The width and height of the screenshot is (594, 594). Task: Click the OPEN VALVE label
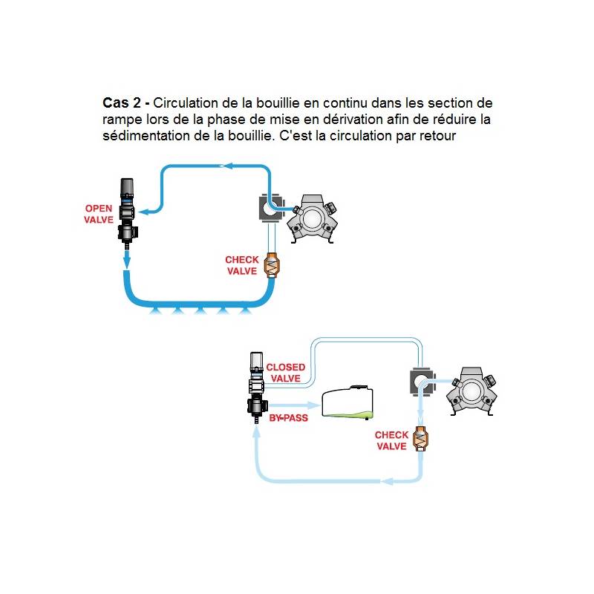pyautogui.click(x=99, y=214)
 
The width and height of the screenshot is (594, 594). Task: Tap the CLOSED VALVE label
pyautogui.click(x=286, y=373)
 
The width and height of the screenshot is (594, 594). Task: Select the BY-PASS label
pyautogui.click(x=288, y=418)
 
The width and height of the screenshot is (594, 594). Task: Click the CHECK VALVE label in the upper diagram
pyautogui.click(x=242, y=266)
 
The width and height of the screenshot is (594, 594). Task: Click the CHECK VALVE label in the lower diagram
pyautogui.click(x=391, y=441)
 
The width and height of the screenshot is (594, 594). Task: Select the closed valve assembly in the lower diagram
pyautogui.click(x=255, y=390)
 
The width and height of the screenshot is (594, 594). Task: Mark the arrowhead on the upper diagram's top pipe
pyautogui.click(x=229, y=166)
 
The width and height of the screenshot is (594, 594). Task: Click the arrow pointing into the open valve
pyautogui.click(x=148, y=212)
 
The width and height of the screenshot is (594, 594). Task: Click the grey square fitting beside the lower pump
pyautogui.click(x=420, y=382)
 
